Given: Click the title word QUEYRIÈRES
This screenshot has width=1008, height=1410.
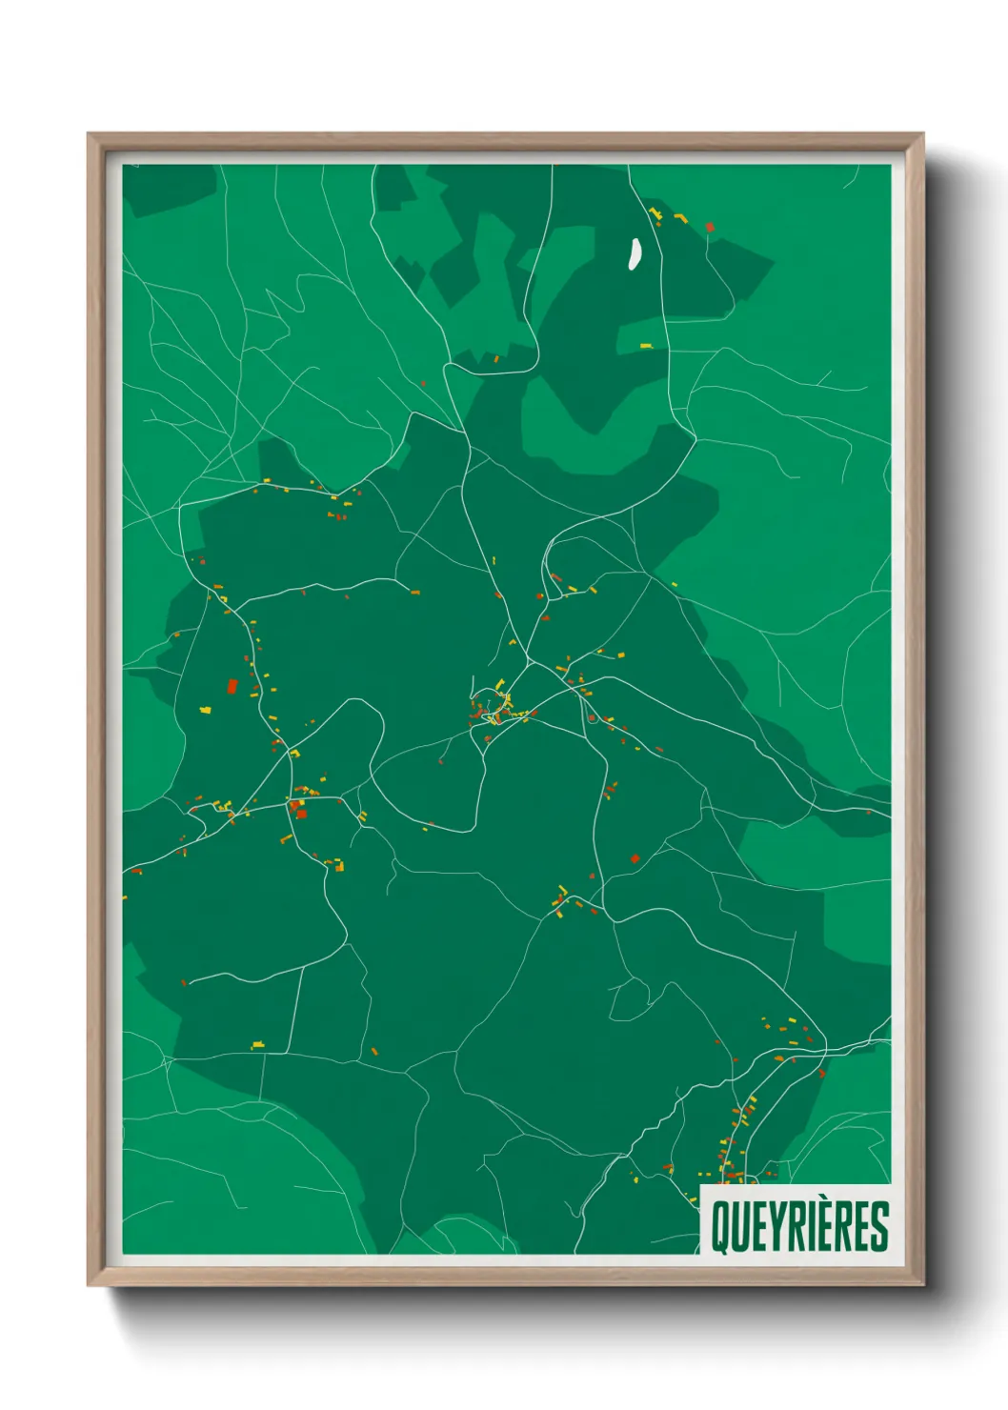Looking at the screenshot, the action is coord(799,1226).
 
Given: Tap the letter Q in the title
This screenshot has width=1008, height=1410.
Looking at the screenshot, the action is coord(720,1227).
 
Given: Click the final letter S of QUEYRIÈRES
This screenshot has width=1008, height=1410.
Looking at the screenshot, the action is coord(879,1227).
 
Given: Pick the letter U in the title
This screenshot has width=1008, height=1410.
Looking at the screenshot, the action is coord(739,1227).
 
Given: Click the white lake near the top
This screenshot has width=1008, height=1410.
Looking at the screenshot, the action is coord(633,253).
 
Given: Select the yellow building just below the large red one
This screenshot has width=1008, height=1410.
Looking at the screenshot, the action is coord(205,710).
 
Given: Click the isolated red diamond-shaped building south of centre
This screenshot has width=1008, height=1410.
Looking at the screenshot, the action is coord(635,858).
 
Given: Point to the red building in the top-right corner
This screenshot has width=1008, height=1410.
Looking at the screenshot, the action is coord(709,227).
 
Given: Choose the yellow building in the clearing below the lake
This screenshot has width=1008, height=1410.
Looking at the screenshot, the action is coord(645,346).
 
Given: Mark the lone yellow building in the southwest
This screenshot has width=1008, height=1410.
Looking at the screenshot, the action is coord(257,1047).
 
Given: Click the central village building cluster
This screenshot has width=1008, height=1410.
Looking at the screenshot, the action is coord(494,708).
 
